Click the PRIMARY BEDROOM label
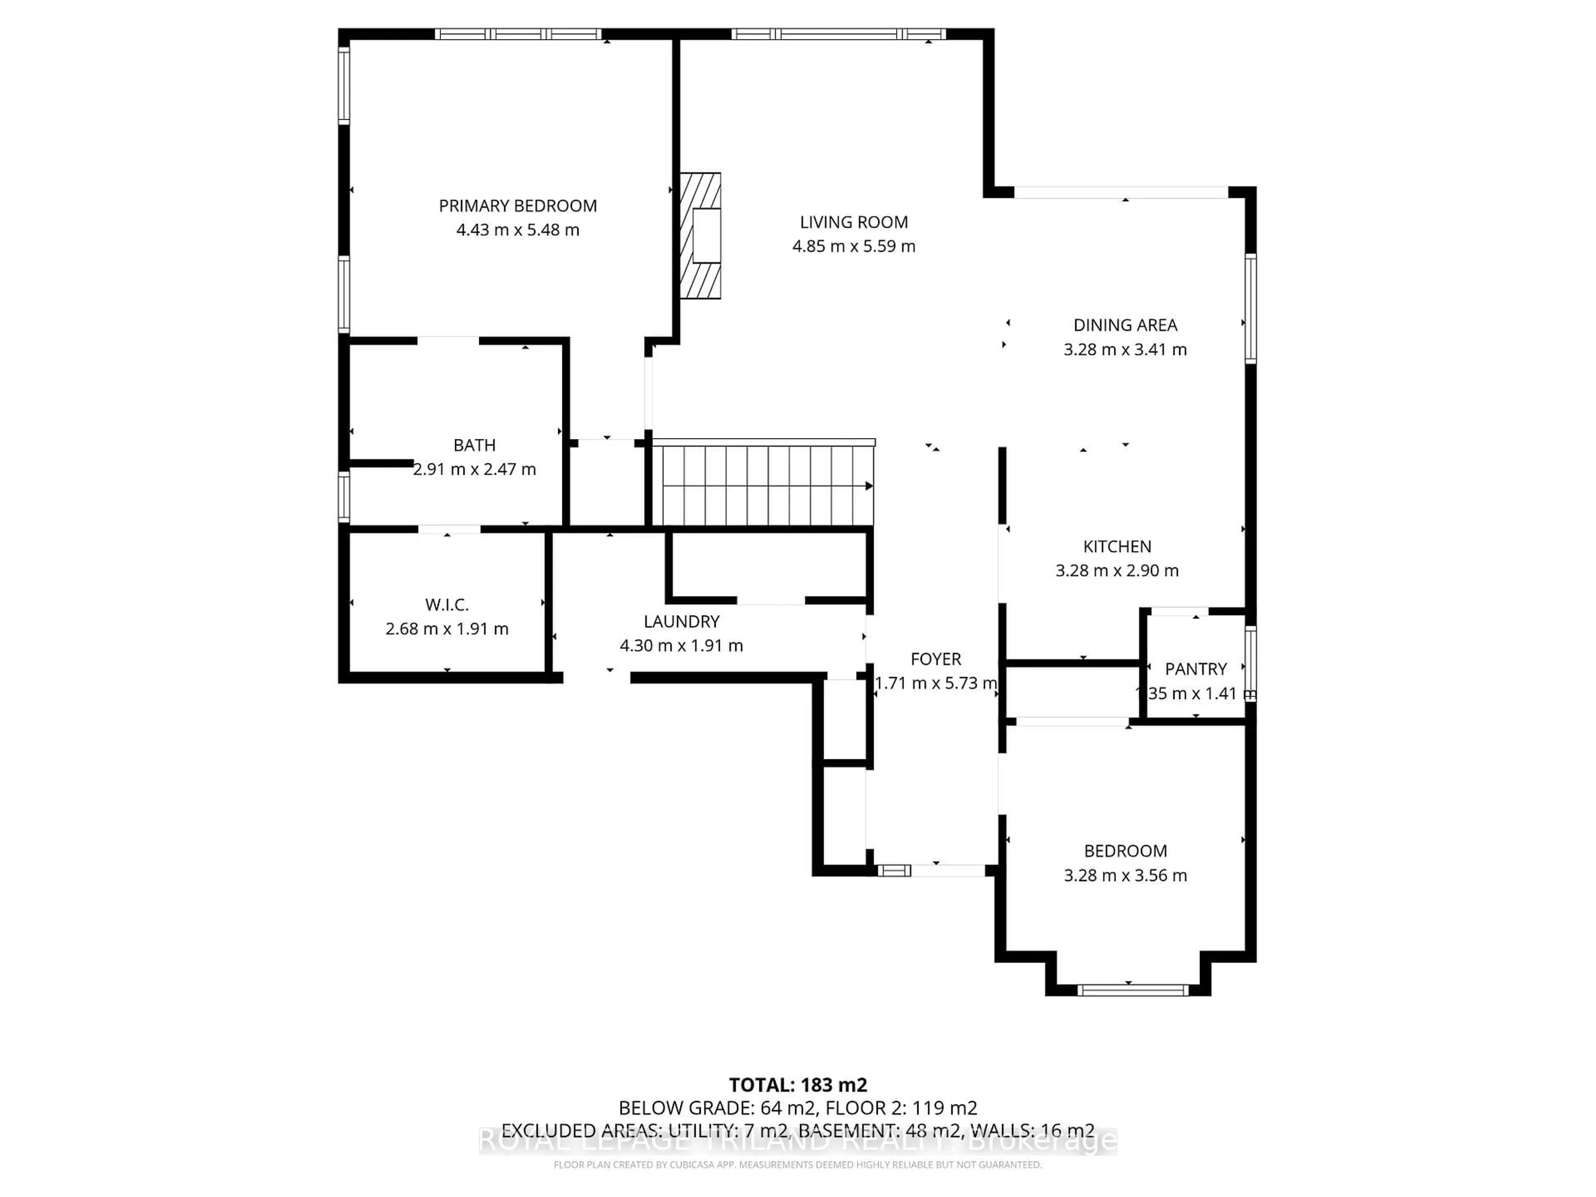pos(517,206)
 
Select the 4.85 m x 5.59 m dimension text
pos(854,246)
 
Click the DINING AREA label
pos(1125,325)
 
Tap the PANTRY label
pos(1196,669)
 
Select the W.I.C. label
pos(447,605)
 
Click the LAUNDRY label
pos(681,621)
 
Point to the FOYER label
pos(936,659)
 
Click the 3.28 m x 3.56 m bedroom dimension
pos(1125,875)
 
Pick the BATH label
pos(474,445)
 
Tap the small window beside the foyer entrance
pos(894,871)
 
